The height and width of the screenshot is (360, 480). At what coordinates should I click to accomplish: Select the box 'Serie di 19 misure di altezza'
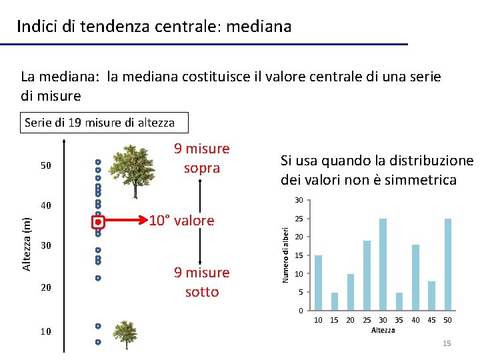(x=99, y=123)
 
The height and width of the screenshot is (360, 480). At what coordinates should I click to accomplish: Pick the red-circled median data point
(x=97, y=221)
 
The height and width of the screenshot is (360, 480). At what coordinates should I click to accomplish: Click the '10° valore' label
(x=181, y=221)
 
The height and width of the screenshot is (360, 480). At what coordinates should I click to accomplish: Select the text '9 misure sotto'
(x=201, y=282)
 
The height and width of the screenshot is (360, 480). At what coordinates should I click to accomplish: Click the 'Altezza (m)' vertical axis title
(x=27, y=243)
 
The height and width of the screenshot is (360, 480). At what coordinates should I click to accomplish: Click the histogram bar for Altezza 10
(x=318, y=283)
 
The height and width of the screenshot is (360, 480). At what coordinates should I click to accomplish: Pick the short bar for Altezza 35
(x=399, y=301)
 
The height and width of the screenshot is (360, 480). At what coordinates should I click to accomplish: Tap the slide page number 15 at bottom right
(x=447, y=343)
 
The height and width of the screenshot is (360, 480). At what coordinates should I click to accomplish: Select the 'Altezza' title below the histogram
(x=383, y=330)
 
